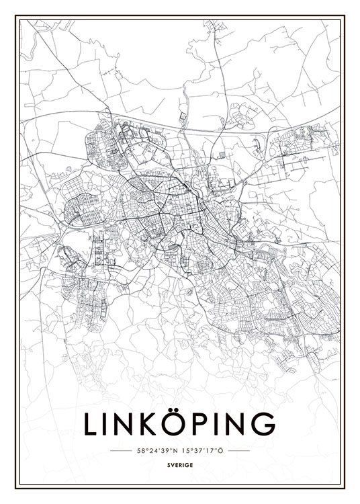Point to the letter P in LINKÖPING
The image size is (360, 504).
pos(199,425)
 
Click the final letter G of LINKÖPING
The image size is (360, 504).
pos(263,425)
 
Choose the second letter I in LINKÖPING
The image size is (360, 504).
pos(216,425)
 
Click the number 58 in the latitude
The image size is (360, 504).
pos(140,450)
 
